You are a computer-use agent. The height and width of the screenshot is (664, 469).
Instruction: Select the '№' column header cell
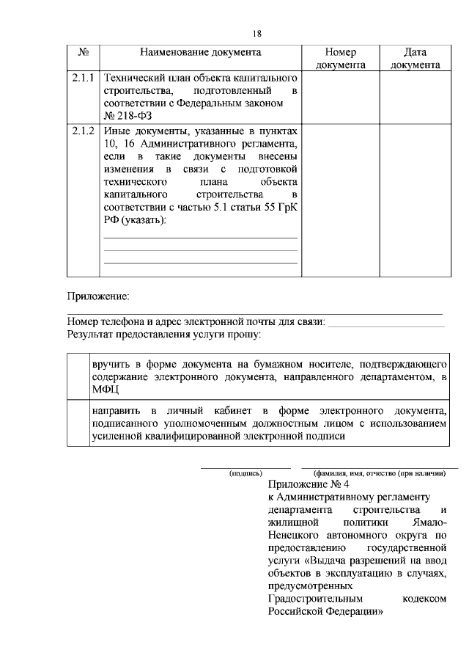(x=83, y=53)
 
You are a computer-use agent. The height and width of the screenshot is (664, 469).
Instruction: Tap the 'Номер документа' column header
(x=340, y=59)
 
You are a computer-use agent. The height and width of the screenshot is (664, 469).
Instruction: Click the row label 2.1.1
(x=84, y=77)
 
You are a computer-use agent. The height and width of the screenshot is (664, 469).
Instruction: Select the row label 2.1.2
(x=84, y=131)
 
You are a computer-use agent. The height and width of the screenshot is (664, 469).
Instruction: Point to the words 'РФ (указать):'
(x=134, y=221)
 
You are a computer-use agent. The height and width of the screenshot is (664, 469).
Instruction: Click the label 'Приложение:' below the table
(x=98, y=296)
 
